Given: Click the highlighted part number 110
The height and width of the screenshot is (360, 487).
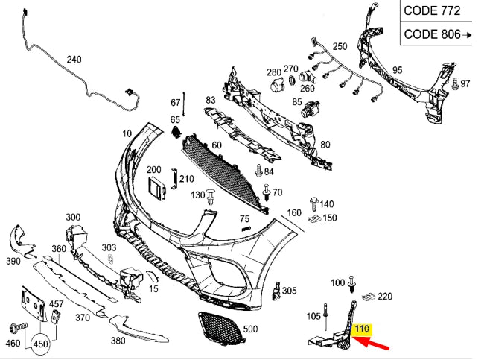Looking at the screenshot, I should pyautogui.click(x=363, y=329).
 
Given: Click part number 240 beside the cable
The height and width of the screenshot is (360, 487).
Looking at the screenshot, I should pyautogui.click(x=74, y=60).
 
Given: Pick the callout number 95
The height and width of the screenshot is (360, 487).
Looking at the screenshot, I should pyautogui.click(x=398, y=70).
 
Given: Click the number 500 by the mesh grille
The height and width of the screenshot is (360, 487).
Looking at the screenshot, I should pyautogui.click(x=249, y=329).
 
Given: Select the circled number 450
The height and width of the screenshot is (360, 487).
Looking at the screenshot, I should pyautogui.click(x=40, y=344).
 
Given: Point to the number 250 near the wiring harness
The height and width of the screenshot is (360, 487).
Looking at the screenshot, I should pyautogui.click(x=340, y=46).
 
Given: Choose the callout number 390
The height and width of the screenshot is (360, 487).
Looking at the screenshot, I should pyautogui.click(x=13, y=262).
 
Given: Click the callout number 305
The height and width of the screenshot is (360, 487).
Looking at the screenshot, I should pyautogui.click(x=290, y=291).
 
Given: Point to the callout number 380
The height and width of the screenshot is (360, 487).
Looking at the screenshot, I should pyautogui.click(x=118, y=341).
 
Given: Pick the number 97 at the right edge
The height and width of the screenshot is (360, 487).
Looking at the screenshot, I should pyautogui.click(x=465, y=83).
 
